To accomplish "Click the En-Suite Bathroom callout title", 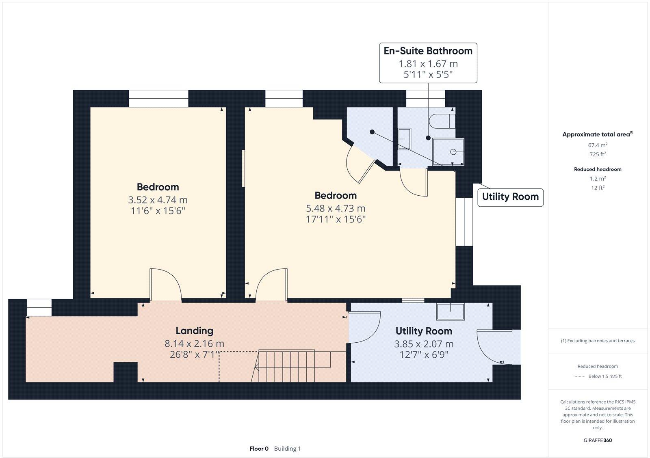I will tap(428, 51).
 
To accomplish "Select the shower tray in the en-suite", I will tap(448, 152).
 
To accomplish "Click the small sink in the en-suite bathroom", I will tap(404, 139).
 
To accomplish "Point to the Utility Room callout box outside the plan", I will tap(510, 197).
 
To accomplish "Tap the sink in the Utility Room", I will tap(450, 311).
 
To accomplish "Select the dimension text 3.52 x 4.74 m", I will tap(158, 200).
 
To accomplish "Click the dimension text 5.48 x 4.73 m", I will tap(336, 208).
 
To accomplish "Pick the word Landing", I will tap(194, 331).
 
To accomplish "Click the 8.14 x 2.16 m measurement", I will tap(194, 343).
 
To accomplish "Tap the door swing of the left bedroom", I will tap(165, 284).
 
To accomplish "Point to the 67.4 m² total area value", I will tap(598, 145).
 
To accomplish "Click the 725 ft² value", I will tap(598, 154).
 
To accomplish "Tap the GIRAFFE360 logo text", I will tap(598, 440).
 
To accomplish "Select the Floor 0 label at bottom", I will tap(259, 449).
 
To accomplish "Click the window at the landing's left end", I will tap(39, 307).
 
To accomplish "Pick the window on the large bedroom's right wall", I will tap(464, 222).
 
